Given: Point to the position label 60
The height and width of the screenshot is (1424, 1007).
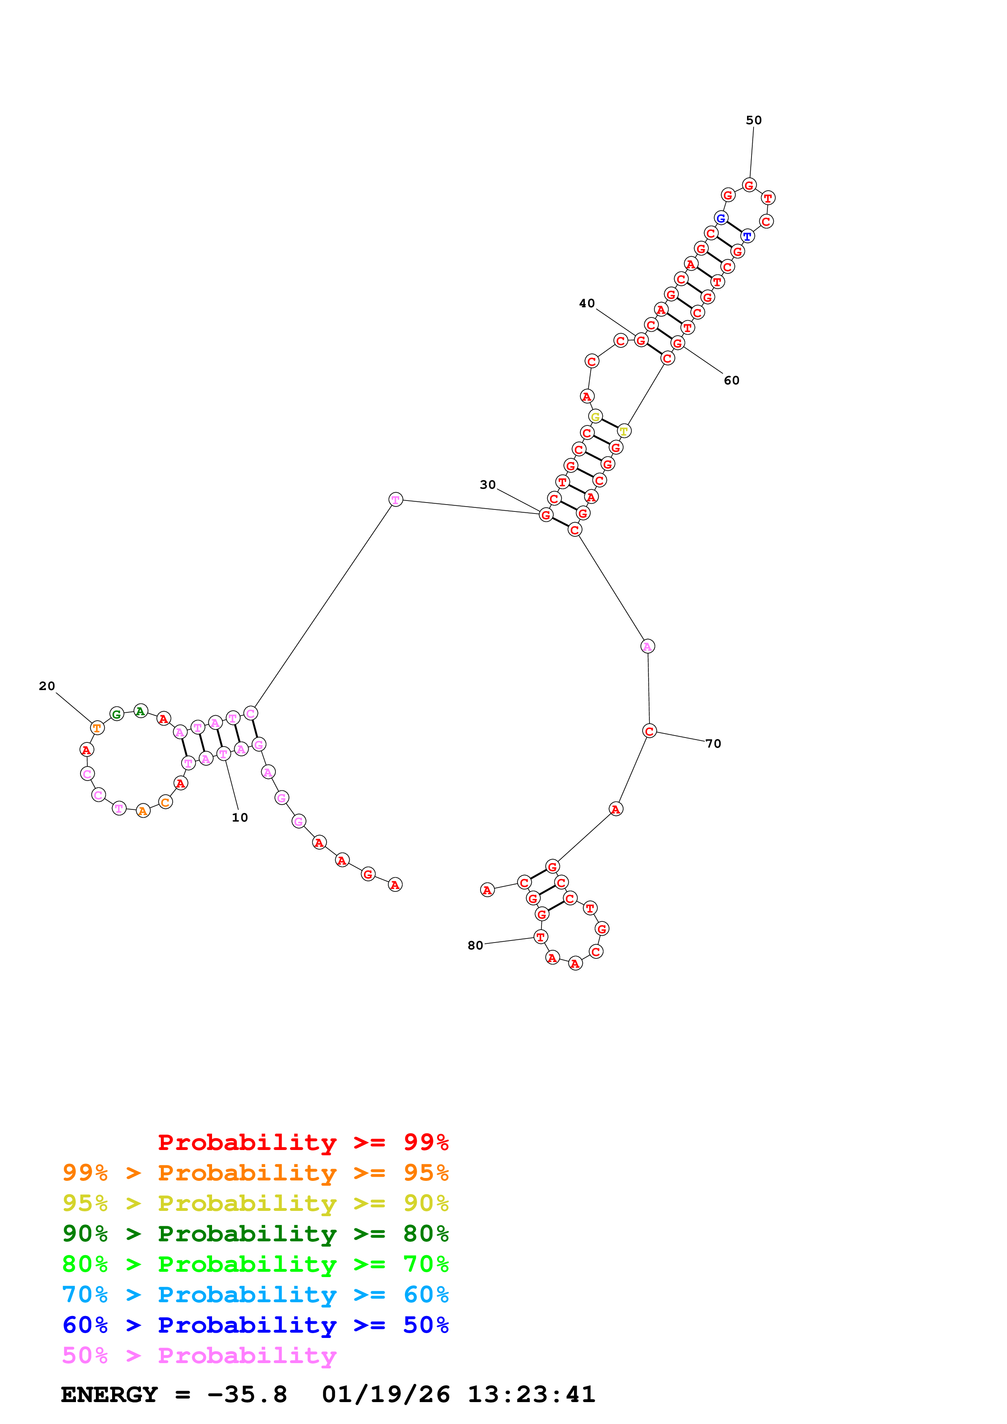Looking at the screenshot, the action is pyautogui.click(x=732, y=380).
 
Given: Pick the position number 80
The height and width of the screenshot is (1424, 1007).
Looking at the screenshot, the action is pyautogui.click(x=475, y=945).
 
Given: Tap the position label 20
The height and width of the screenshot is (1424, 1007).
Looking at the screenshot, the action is pyautogui.click(x=47, y=686).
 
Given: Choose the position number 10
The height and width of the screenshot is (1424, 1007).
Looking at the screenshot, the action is pyautogui.click(x=240, y=818).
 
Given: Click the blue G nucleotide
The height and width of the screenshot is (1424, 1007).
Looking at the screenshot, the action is pyautogui.click(x=720, y=218).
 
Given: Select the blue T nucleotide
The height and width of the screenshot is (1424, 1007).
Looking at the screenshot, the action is pyautogui.click(x=747, y=236).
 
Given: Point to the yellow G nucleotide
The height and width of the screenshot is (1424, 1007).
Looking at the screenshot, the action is pyautogui.click(x=595, y=417).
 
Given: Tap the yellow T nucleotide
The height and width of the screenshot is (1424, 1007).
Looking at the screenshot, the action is pyautogui.click(x=624, y=431).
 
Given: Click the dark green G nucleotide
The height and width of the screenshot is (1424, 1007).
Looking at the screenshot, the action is pyautogui.click(x=117, y=714).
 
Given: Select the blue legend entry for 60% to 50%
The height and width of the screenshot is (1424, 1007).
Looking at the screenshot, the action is pyautogui.click(x=255, y=1325).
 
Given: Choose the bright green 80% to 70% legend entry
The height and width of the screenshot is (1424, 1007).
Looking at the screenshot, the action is pyautogui.click(x=255, y=1264).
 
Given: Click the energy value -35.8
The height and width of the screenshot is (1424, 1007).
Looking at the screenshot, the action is pyautogui.click(x=247, y=1394).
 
